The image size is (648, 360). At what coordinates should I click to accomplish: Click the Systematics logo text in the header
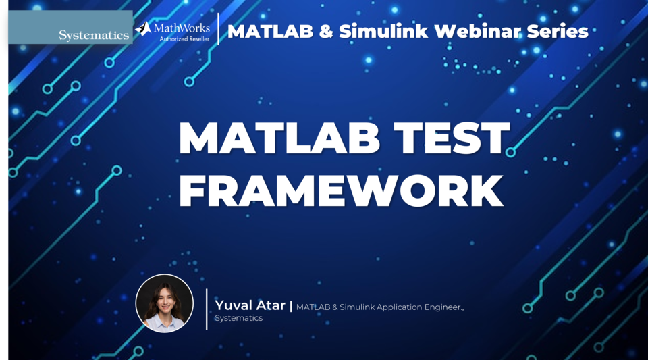tap(94, 35)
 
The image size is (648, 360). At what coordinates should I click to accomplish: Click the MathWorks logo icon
tap(143, 28)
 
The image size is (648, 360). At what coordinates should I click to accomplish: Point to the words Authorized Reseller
tap(184, 39)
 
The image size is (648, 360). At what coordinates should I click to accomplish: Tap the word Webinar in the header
tap(481, 31)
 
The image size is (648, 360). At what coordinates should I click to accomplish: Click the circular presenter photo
tap(165, 303)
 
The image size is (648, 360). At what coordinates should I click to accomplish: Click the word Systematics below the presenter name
tap(239, 318)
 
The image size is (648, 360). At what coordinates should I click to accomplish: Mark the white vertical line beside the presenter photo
tap(207, 309)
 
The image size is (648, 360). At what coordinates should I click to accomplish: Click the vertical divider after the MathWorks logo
tap(218, 29)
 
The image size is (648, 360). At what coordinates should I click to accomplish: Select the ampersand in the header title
tap(328, 31)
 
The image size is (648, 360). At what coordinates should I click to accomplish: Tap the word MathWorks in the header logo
tap(182, 28)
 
